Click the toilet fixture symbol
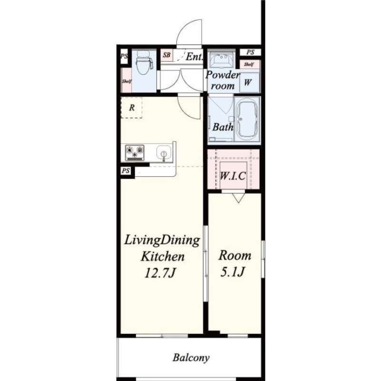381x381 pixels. click(144, 62)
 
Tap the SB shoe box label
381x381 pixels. click(166, 55)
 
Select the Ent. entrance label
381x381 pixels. click(194, 57)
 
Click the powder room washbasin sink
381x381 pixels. click(221, 60)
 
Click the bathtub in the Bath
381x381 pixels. click(247, 120)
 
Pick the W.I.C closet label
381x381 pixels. click(233, 176)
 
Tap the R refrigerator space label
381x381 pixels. click(132, 108)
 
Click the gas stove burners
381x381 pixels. click(135, 152)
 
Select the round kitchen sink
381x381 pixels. click(163, 152)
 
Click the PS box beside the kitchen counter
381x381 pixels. click(126, 171)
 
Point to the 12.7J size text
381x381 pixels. click(160, 273)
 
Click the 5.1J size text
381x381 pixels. click(232, 271)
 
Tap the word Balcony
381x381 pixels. click(191, 358)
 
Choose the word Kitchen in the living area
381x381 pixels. click(162, 257)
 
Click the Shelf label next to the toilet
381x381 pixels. click(127, 81)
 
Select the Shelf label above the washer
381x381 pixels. click(249, 64)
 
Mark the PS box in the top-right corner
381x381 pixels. click(251, 52)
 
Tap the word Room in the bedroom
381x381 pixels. click(235, 256)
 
